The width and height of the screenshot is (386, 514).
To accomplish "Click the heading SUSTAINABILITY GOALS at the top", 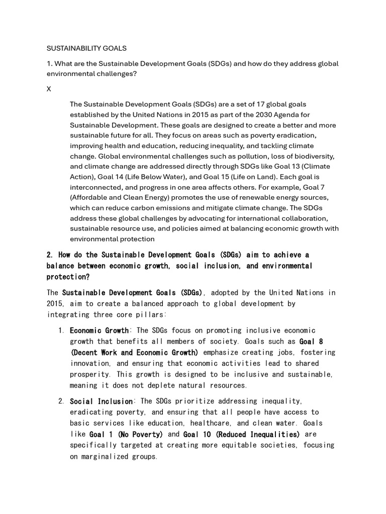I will [86, 49].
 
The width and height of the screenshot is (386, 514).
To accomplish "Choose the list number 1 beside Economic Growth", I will [60, 331].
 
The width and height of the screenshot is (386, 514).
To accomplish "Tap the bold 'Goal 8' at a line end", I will [311, 342].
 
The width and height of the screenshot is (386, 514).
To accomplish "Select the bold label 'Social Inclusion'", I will [101, 402].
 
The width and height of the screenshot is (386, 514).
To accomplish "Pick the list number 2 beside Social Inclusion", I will [60, 402].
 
